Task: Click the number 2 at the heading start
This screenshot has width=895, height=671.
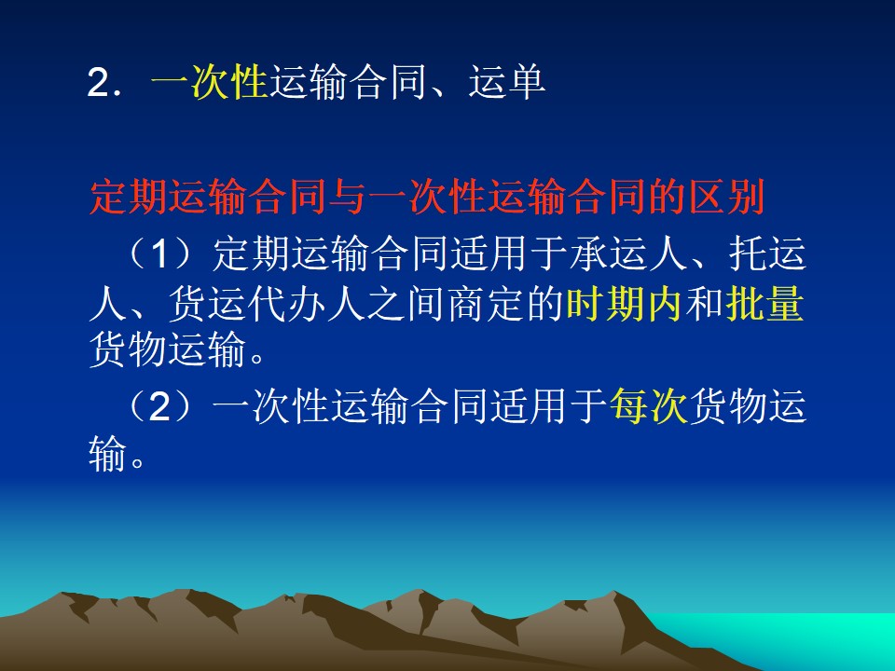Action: pyautogui.click(x=98, y=83)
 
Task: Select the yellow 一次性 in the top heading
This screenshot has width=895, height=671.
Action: pyautogui.click(x=210, y=82)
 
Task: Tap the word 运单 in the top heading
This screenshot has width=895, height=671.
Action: pyautogui.click(x=507, y=82)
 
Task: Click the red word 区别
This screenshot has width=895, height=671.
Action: pyautogui.click(x=726, y=198)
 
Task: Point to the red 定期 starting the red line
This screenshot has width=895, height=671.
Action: pyautogui.click(x=129, y=198)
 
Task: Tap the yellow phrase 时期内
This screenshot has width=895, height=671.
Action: pyautogui.click(x=625, y=303)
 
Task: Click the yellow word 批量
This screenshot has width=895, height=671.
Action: pyautogui.click(x=764, y=303)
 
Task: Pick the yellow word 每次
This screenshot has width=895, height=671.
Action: pyautogui.click(x=649, y=406)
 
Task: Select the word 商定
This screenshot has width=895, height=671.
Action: pyautogui.click(x=487, y=303)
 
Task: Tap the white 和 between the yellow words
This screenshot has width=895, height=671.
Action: pyautogui.click(x=705, y=303)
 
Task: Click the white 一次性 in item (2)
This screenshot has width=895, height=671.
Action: pyautogui.click(x=271, y=406)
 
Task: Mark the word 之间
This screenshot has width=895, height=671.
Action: pyautogui.click(x=406, y=303)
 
